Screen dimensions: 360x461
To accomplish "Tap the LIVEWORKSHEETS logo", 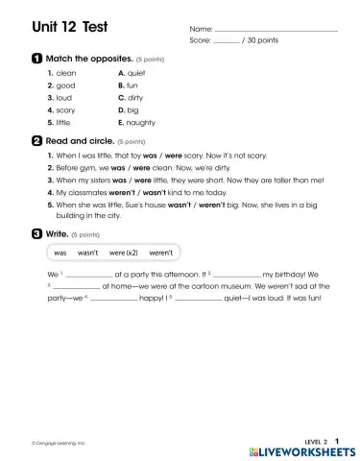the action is [301, 449].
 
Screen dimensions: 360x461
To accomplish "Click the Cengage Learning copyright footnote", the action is [58, 443].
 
